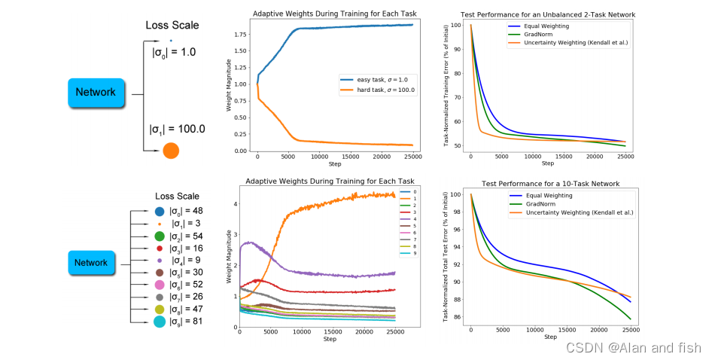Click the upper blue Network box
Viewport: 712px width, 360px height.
(x=95, y=93)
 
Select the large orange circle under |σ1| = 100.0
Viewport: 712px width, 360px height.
(x=171, y=151)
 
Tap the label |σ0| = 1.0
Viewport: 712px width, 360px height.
(x=174, y=53)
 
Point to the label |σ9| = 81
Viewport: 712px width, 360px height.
(x=186, y=322)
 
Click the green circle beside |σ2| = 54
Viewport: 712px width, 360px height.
(x=160, y=236)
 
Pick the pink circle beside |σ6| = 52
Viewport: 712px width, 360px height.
(x=160, y=285)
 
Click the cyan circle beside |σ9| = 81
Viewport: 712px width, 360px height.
(x=160, y=322)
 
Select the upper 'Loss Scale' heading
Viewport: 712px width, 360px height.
(x=172, y=25)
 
